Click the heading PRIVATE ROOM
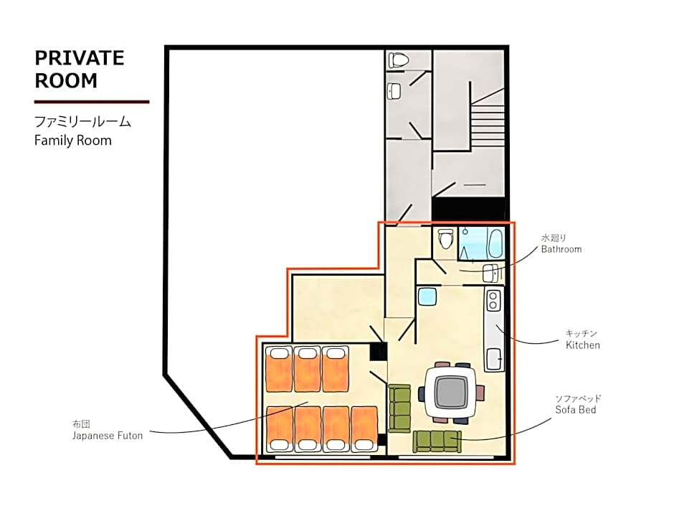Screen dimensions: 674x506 (80, 70)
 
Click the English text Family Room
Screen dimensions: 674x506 (73, 141)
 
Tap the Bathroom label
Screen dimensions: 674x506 (561, 249)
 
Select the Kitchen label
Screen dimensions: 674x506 (582, 345)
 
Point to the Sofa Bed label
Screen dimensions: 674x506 (576, 410)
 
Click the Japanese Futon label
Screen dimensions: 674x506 (108, 436)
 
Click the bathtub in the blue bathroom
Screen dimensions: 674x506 (495, 243)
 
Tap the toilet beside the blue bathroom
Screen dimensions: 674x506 (445, 238)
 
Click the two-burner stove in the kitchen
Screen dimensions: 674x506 (493, 300)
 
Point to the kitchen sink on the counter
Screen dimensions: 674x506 (494, 358)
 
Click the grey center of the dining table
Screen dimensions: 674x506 (450, 393)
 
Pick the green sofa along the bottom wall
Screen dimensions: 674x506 (437, 441)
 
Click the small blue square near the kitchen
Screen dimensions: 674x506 (427, 296)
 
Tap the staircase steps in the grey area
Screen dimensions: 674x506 (488, 126)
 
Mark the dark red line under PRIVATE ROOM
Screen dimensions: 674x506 (92, 102)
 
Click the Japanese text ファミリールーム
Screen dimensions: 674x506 (82, 122)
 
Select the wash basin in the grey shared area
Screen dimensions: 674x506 (394, 90)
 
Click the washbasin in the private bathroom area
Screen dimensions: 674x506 (490, 273)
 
